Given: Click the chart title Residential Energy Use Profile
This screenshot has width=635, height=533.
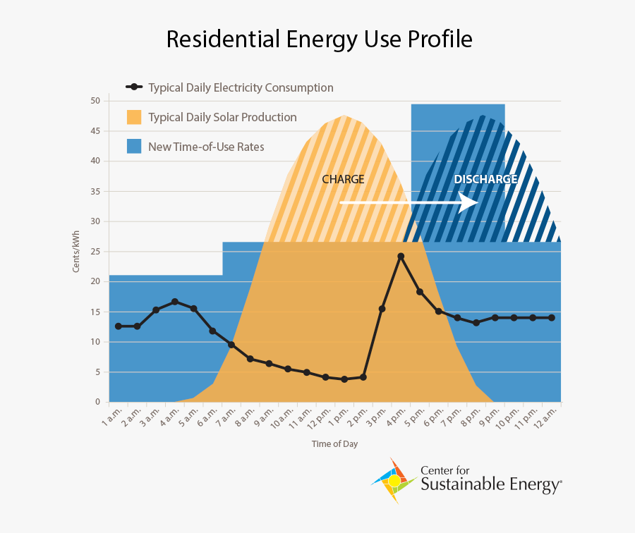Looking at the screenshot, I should [x=319, y=40].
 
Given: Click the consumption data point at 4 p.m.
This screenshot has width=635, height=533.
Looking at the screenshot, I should [x=401, y=257].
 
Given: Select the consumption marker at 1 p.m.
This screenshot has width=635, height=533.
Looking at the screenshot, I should [x=344, y=379].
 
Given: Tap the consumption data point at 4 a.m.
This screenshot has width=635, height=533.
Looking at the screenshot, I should [x=174, y=302].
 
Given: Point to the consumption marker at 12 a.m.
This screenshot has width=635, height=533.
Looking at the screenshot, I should [x=551, y=318].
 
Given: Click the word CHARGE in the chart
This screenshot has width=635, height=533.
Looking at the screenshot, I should [x=343, y=179].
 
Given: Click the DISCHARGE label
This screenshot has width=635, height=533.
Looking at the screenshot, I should [x=485, y=179].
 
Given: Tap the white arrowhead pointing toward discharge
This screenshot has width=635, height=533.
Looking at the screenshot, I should [x=469, y=203].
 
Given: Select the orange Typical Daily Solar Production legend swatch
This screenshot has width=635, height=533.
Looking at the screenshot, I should [x=134, y=117].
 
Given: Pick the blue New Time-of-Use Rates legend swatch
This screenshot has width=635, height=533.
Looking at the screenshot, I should [x=134, y=147].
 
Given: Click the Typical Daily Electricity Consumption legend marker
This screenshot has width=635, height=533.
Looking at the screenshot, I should [x=134, y=87].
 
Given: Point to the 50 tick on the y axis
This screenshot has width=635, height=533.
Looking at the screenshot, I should [x=95, y=101].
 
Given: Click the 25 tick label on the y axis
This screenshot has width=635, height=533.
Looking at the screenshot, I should [x=95, y=252].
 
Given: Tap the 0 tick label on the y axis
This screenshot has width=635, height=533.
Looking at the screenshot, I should [x=97, y=402].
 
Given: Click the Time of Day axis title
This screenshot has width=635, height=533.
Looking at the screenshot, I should [x=335, y=443].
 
